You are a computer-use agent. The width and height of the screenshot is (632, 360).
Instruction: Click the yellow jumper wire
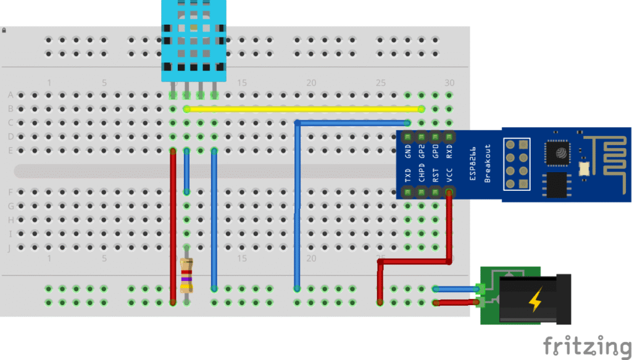302,109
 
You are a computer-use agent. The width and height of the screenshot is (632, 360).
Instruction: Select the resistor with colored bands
186,275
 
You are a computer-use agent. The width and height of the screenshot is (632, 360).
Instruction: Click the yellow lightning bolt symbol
533,301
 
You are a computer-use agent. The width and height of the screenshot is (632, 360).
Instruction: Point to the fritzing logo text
587,346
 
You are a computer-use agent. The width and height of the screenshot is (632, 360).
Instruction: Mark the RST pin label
436,177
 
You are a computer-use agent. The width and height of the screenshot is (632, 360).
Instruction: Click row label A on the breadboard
10,95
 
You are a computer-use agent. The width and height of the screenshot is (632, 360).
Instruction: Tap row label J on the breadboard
10,248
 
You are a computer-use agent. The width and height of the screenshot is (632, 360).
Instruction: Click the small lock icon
4,30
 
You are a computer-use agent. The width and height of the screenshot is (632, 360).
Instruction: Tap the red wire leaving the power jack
457,303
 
